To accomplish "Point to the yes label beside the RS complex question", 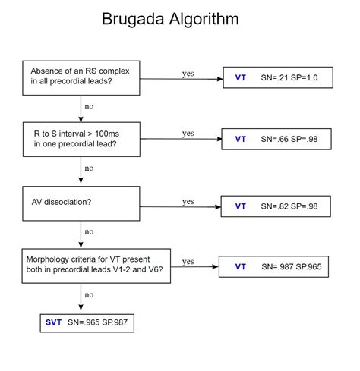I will (x=188, y=73).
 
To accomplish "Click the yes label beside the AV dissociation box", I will (x=188, y=202).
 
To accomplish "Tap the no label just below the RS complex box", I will (x=89, y=107).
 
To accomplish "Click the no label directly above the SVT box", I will (x=89, y=294).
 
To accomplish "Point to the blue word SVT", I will (x=53, y=325).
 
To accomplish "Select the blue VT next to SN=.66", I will (x=241, y=140).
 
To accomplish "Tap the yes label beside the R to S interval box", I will (x=188, y=134).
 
